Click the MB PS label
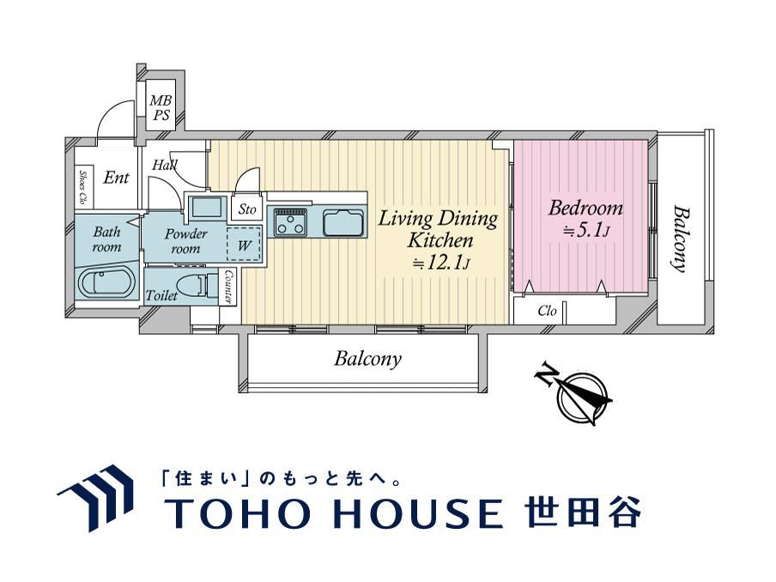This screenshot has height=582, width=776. tap(161, 108)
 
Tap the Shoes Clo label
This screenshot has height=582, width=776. tap(82, 188)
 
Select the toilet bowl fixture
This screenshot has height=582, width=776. tap(197, 286)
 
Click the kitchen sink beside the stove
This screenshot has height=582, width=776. tap(343, 222)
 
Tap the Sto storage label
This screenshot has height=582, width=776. tap(247, 209)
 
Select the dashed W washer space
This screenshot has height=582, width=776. tap(244, 244)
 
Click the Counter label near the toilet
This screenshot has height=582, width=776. tap(228, 287)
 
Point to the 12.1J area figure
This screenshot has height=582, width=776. tap(440, 264)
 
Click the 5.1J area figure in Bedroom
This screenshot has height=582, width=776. tap(586, 230)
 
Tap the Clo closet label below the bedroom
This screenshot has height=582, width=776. tap(547, 311)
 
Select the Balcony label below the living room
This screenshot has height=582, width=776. tap(367, 358)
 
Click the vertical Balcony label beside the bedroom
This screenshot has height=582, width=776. tap(682, 239)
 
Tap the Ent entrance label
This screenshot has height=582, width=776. tap(116, 177)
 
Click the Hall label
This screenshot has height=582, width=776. tap(165, 165)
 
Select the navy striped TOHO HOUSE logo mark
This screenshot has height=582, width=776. tap(95, 497)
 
